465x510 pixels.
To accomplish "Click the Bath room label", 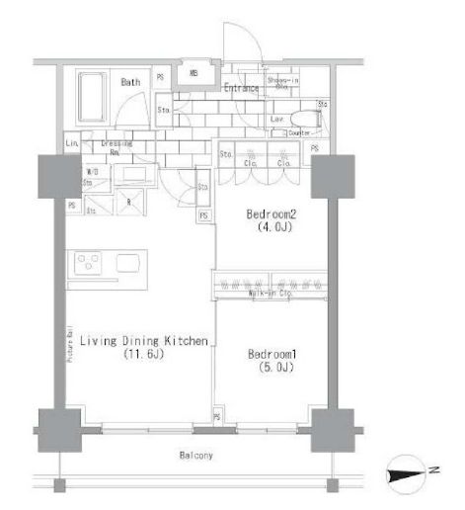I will pos(131,82).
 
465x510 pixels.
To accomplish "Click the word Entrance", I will pos(240,88).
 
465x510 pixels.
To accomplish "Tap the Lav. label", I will pos(276,118).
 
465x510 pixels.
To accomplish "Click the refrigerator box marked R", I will pos(130,201).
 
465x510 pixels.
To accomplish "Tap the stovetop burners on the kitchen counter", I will pos(88,264).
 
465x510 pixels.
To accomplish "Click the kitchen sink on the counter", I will pos(129,263).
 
